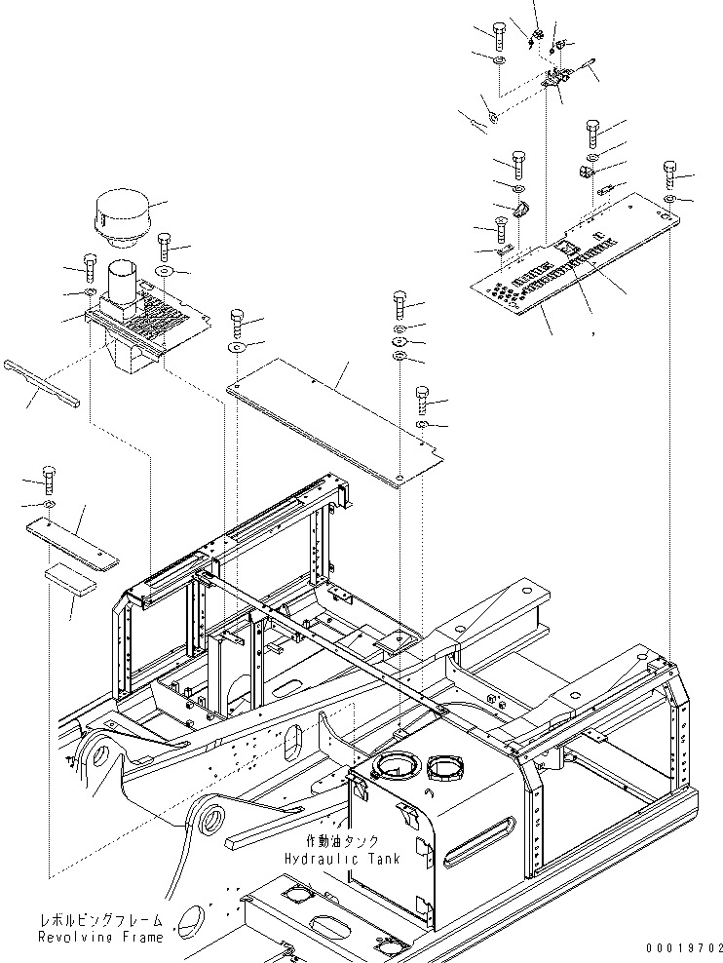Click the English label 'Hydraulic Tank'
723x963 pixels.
tap(342, 859)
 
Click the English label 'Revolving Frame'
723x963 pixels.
tap(101, 938)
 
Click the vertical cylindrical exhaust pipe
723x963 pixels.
tap(125, 285)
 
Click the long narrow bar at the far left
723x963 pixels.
tap(41, 384)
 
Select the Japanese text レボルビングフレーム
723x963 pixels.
tap(102, 921)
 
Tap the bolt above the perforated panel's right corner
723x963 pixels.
tap(669, 174)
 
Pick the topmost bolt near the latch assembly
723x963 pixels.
tap(498, 36)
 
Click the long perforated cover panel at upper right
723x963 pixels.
tap(575, 253)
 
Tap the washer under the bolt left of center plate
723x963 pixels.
tap(238, 348)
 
